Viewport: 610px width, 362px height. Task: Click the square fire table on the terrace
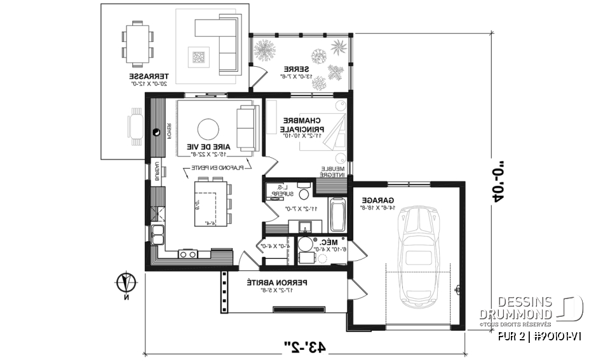tap(196, 58)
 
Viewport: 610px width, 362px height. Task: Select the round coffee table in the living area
tap(209, 129)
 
